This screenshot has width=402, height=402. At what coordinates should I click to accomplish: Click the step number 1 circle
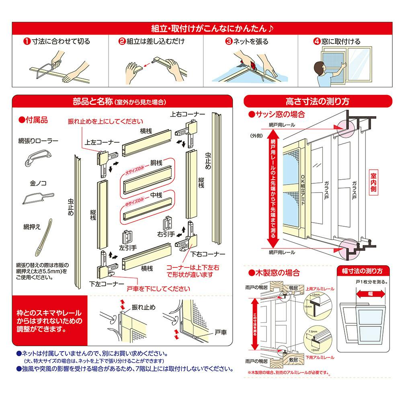pos(26,41)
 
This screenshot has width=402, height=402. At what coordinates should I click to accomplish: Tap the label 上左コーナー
pos(102,142)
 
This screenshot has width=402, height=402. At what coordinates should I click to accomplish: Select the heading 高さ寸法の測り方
pos(317,100)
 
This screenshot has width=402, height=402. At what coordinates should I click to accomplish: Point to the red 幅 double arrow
pos(369,294)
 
